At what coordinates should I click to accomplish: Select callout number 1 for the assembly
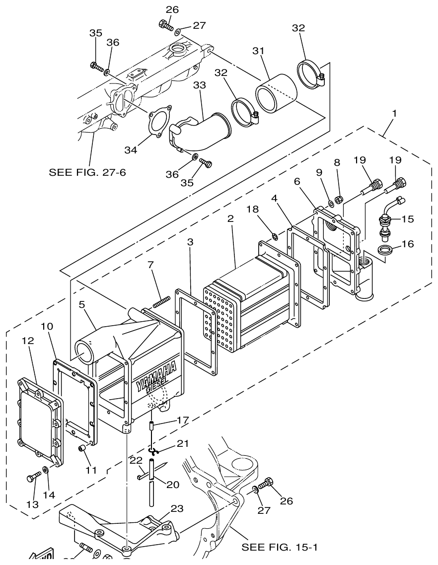coord(394,114)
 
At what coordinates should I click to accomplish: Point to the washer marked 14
coord(46,469)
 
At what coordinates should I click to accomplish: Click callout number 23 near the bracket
coord(177,508)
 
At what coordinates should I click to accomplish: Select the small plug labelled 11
coord(83,449)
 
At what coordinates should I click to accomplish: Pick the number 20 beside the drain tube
coord(172,484)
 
